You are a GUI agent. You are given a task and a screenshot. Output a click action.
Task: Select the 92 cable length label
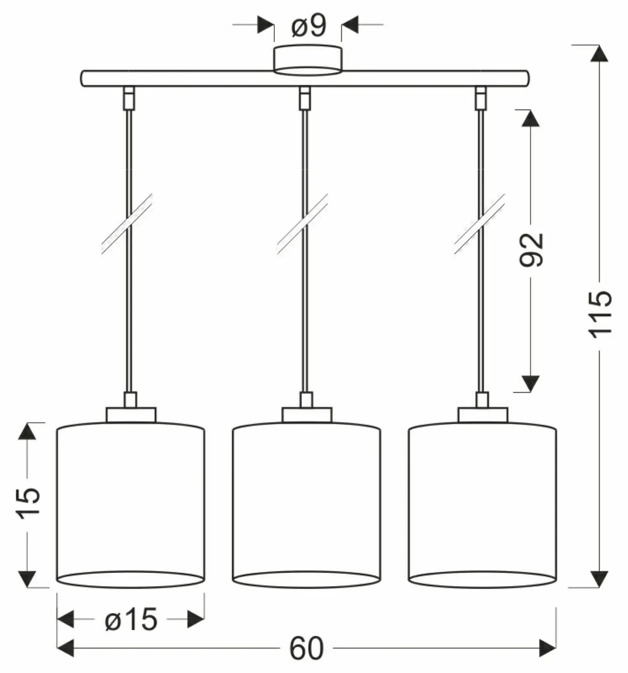coord(531,250)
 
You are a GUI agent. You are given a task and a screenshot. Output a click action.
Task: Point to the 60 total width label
coord(307,649)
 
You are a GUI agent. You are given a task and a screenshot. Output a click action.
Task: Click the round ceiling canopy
coord(308,60)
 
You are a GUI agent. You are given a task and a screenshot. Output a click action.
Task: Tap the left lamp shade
coord(131,505)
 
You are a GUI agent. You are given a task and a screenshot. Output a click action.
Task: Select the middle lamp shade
coord(307,505)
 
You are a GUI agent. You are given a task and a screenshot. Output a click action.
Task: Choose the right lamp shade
coord(482,505)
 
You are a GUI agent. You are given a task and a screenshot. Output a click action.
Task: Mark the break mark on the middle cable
coord(302,224)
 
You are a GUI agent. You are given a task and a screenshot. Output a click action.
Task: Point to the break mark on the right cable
coord(480,224)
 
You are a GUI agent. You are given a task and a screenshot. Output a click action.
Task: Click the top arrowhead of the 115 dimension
coord(599,53)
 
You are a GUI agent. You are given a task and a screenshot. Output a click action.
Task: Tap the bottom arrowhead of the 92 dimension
coord(531,383)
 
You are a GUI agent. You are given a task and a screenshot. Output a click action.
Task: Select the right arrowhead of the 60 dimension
coord(548,648)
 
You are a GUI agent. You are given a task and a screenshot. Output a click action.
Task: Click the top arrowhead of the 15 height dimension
coord(27,431)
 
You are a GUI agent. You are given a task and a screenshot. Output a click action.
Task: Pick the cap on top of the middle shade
coord(307,415)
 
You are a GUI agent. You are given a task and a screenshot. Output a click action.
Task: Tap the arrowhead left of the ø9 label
coord(266,25)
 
